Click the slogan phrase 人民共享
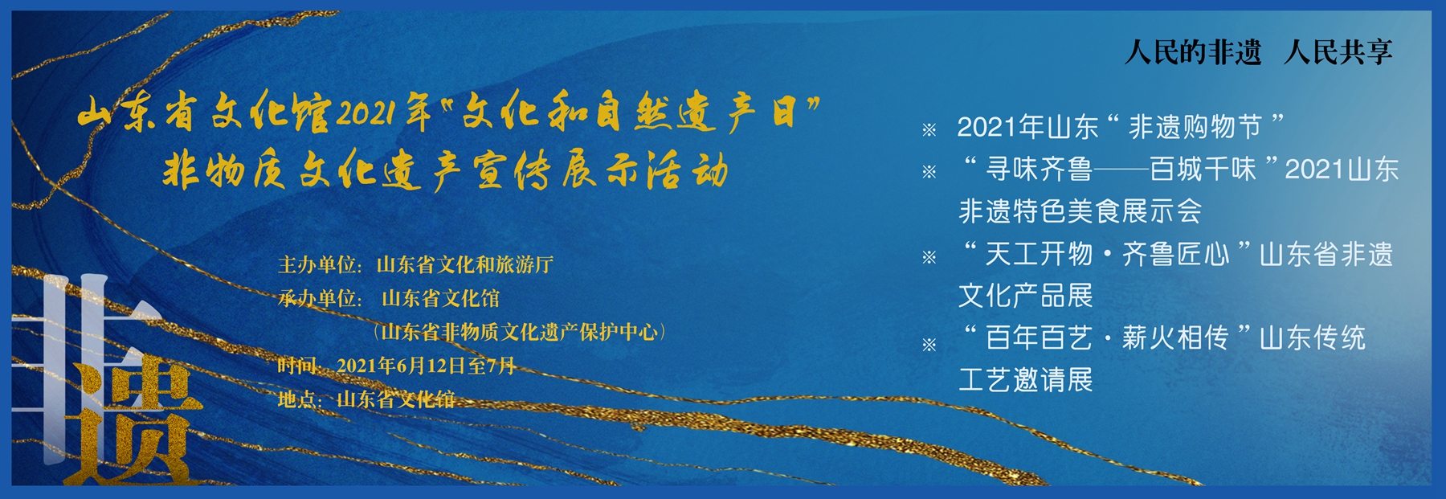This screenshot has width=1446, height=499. click(1338, 53)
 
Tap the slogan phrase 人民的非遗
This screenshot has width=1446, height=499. click(1193, 53)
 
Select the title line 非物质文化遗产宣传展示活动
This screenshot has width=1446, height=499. click(446, 170)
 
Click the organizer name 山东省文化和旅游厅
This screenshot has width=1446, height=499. click(465, 265)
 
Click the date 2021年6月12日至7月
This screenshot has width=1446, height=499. click(427, 366)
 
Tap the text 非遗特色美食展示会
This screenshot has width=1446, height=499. click(1080, 211)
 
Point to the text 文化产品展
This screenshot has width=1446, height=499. click(1026, 296)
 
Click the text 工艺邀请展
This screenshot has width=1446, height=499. click(1026, 380)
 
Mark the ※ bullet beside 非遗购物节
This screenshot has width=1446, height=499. click(929, 129)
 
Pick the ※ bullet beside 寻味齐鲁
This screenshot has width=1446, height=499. click(929, 171)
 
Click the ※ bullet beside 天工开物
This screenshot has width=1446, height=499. click(929, 257)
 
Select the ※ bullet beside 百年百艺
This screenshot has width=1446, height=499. click(929, 345)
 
